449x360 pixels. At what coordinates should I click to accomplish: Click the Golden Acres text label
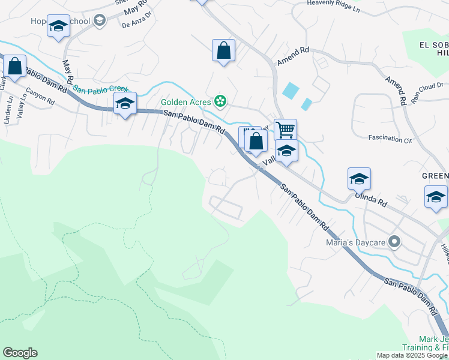[187, 101]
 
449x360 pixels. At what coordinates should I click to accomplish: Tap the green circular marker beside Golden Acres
[220, 101]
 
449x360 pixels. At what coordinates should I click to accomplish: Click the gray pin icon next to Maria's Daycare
[394, 242]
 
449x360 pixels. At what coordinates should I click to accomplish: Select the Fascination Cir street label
[391, 139]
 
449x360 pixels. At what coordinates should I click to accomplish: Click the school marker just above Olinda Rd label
[358, 178]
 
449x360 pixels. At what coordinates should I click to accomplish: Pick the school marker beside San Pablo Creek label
[125, 103]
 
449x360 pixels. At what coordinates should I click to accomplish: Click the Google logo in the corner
[20, 353]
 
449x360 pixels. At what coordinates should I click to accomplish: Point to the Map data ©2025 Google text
[411, 355]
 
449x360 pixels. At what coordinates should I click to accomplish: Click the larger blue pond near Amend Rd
[290, 91]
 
